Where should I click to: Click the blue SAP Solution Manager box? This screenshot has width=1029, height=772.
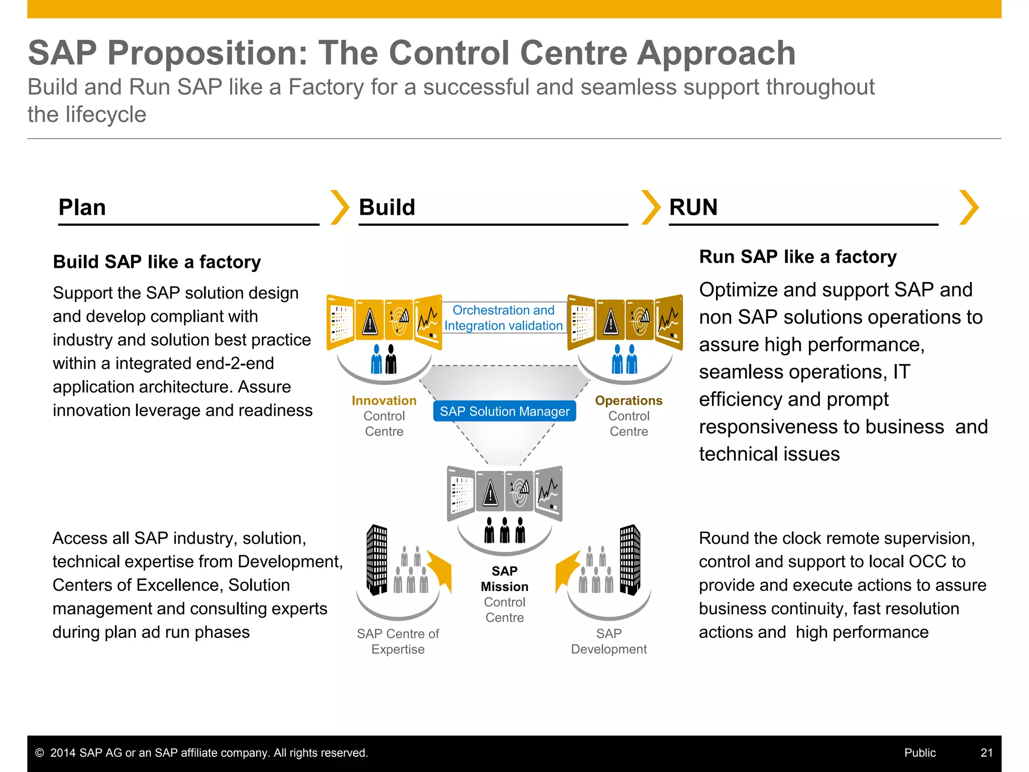coord(504,411)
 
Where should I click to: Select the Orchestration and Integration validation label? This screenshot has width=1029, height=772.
coord(503,318)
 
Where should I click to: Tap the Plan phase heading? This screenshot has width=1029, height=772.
coord(82,208)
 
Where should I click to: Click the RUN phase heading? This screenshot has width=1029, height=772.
coord(693,208)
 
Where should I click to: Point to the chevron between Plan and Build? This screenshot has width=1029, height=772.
coord(340,208)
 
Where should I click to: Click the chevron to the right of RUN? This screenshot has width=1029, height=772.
coord(969,208)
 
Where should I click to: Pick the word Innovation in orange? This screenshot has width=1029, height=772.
coord(384,401)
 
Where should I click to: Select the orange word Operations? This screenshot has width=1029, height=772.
coord(629,401)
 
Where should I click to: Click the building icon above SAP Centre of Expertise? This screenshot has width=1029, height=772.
coord(377,559)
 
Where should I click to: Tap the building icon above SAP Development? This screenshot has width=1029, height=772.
coord(630,559)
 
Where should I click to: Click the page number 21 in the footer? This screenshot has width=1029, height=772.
coord(986,753)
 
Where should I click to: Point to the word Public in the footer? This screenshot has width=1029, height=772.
coord(920,753)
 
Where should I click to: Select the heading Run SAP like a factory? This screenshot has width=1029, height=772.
coord(798,257)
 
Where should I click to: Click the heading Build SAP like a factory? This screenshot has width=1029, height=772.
coord(157,262)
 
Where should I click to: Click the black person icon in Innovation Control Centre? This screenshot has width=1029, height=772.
coord(391,359)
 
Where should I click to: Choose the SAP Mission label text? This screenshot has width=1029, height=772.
coord(504,579)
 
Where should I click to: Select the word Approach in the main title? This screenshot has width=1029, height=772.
coord(716,53)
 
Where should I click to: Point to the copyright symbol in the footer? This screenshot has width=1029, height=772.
coord(40,753)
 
